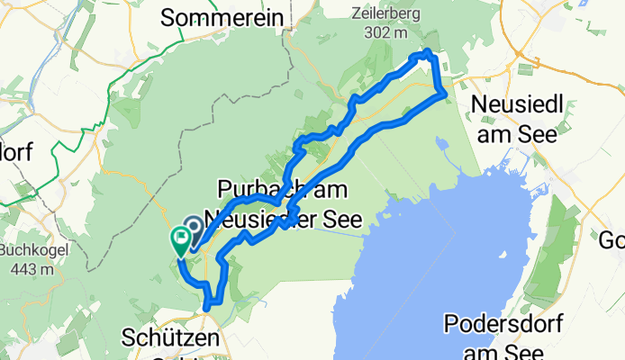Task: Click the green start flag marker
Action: click(180, 239)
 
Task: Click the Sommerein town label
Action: click(221, 18)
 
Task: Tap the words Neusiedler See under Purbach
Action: click(283, 218)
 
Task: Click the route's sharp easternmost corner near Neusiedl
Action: click(446, 94)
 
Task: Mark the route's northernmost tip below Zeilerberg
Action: click(425, 54)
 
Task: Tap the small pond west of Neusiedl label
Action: click(441, 143)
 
